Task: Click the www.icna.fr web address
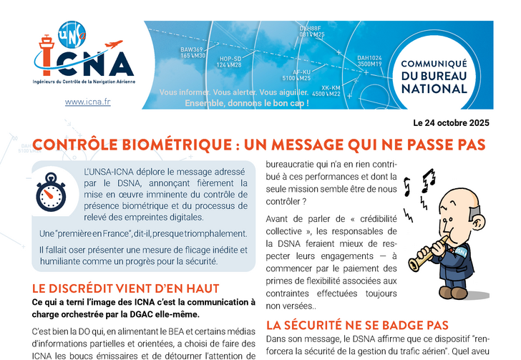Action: [87, 102]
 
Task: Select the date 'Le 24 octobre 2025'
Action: [450, 122]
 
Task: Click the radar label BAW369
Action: [193, 49]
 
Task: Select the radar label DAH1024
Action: [369, 57]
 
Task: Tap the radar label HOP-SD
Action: [230, 59]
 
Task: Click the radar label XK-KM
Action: [330, 87]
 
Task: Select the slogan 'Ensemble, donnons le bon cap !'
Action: [247, 103]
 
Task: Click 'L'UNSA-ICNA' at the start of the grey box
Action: [110, 172]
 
